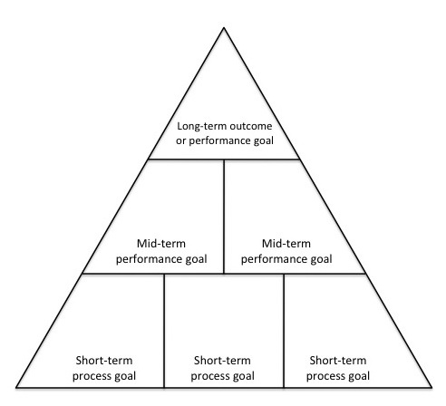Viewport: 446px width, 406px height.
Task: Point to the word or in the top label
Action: pyautogui.click(x=180, y=141)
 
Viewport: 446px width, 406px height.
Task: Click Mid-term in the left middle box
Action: pyautogui.click(x=161, y=244)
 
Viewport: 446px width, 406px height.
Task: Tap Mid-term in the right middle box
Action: pyautogui.click(x=286, y=244)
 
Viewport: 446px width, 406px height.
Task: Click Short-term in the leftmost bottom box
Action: pyautogui.click(x=104, y=361)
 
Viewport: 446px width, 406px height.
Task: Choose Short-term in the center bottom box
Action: pyautogui.click(x=222, y=361)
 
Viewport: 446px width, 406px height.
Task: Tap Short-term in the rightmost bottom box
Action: pyautogui.click(x=338, y=361)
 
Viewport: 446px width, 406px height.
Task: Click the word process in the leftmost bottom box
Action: pyautogui.click(x=92, y=377)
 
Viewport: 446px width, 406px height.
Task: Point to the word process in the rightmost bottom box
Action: pyautogui.click(x=326, y=377)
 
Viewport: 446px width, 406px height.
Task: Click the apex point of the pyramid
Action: pyautogui.click(x=224, y=28)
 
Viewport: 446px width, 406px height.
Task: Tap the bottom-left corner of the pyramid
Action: pyautogui.click(x=16, y=387)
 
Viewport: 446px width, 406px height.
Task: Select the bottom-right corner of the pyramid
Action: pyautogui.click(x=431, y=387)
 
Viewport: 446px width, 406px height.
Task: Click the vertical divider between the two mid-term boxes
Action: pyautogui.click(x=224, y=217)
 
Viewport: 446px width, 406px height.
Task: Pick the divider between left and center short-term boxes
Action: pyautogui.click(x=164, y=331)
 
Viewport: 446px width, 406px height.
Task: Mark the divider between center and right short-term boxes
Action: pyautogui.click(x=284, y=331)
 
